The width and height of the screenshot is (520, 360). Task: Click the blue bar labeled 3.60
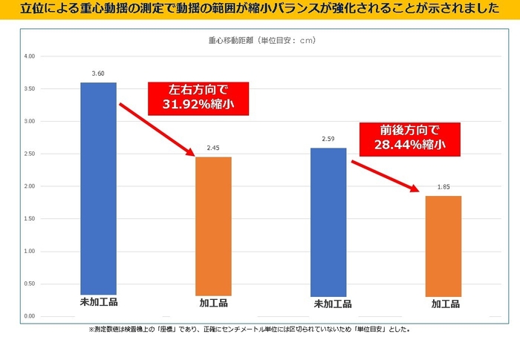[x=98, y=189]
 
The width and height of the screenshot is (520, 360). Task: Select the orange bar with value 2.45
[x=213, y=226]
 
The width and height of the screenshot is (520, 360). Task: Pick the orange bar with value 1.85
[x=443, y=246]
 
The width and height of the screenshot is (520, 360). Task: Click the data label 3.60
[x=98, y=73]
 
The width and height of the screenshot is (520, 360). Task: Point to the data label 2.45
[x=213, y=148]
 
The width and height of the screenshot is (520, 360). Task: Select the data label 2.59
[x=329, y=139]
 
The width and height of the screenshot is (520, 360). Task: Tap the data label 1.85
[x=443, y=187]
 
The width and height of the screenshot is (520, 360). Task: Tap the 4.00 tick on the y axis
[x=30, y=56]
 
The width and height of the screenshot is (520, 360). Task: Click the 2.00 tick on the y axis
[x=30, y=186]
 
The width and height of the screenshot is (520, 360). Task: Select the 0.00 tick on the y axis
[x=30, y=316]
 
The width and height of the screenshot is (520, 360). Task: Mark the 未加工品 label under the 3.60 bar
[x=99, y=303]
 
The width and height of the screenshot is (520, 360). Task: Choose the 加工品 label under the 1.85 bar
[x=443, y=304]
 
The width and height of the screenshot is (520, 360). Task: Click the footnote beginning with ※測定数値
[x=250, y=329]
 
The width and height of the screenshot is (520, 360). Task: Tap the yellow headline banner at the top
[x=260, y=10]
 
